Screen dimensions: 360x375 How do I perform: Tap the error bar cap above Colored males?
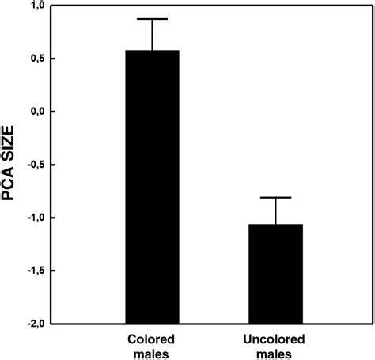coord(152,19)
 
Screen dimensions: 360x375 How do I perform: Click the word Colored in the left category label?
coord(152,336)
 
